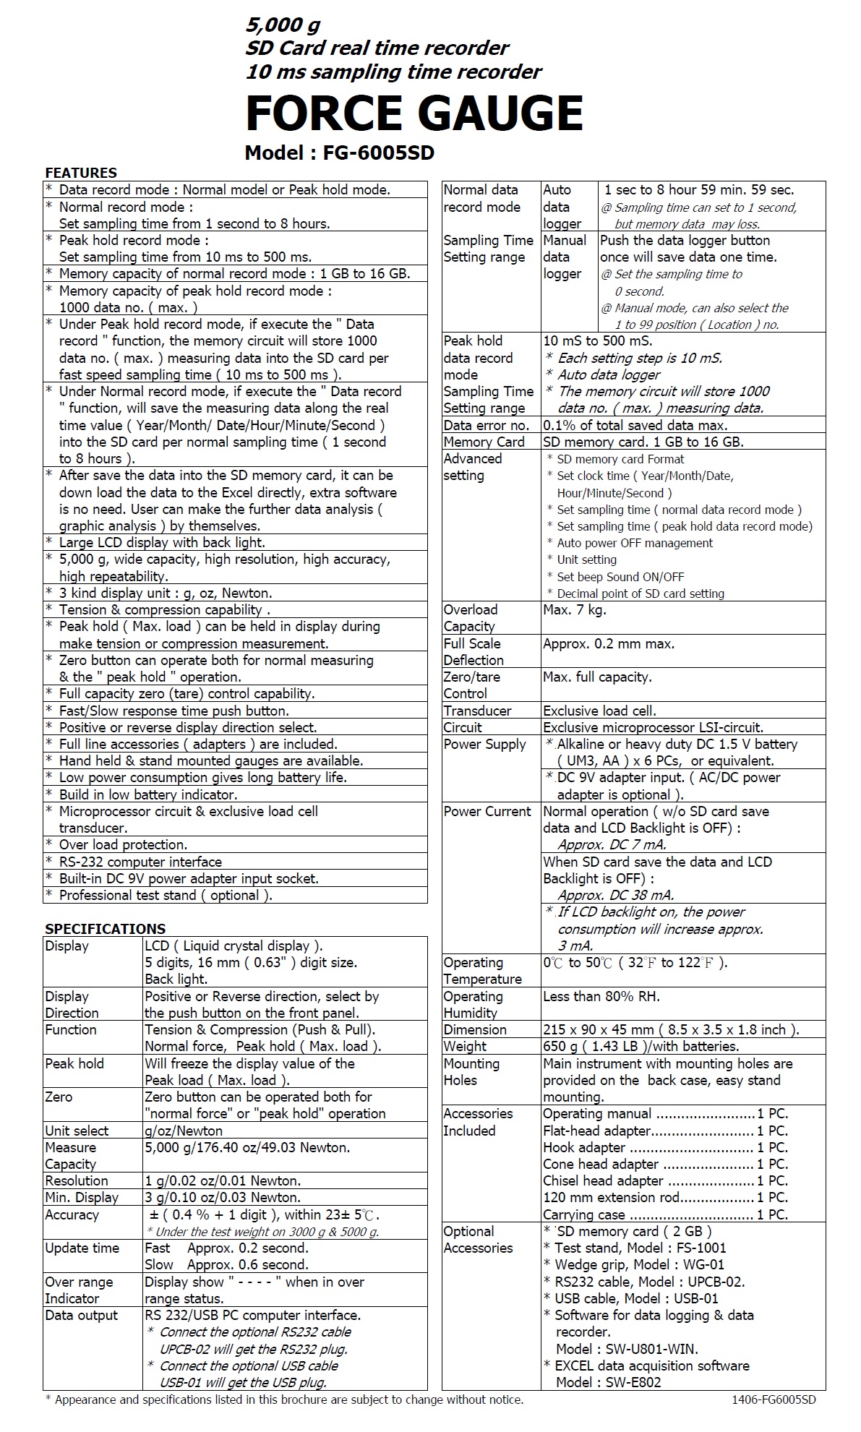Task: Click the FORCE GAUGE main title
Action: point(414,113)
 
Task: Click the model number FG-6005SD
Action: point(339,153)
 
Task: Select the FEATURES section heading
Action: point(81,173)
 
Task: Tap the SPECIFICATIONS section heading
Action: point(105,929)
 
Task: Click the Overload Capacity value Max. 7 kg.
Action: point(575,610)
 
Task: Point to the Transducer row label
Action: point(477,711)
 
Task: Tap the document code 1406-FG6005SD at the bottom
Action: point(774,1399)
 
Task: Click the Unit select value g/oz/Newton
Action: point(184,1131)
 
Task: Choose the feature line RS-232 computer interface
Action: point(140,862)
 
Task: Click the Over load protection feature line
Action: point(123,844)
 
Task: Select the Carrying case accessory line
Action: point(665,1214)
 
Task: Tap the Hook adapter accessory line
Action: point(665,1147)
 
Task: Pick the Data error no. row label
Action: point(487,425)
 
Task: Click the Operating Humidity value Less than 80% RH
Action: point(601,996)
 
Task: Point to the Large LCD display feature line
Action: point(162,542)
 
